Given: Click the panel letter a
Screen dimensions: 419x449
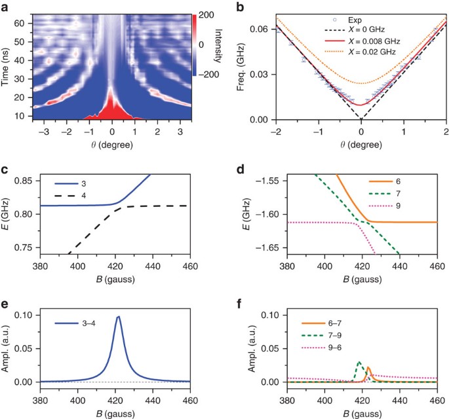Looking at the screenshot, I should [x=5, y=7].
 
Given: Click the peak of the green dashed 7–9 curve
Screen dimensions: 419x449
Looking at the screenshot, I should [x=359, y=362].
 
